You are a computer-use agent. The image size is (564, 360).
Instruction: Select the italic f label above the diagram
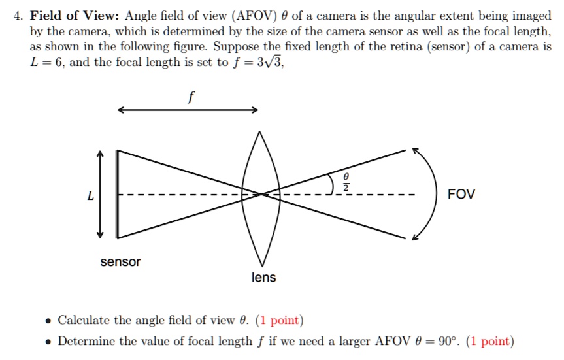tap(190, 98)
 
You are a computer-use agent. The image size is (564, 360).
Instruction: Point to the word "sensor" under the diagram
tap(120, 262)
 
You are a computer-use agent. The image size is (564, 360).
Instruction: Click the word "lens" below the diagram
tap(263, 278)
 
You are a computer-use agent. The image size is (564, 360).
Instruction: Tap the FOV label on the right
tap(461, 195)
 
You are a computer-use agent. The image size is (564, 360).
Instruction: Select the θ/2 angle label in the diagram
tap(346, 182)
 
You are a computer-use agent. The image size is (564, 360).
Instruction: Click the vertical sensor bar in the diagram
tap(118, 194)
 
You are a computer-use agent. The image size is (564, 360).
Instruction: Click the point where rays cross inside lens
tap(262, 194)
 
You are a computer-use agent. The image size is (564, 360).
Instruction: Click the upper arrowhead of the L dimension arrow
tap(100, 154)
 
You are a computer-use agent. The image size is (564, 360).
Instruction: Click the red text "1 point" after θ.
tap(279, 320)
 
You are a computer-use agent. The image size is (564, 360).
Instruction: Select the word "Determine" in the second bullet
tap(87, 341)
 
